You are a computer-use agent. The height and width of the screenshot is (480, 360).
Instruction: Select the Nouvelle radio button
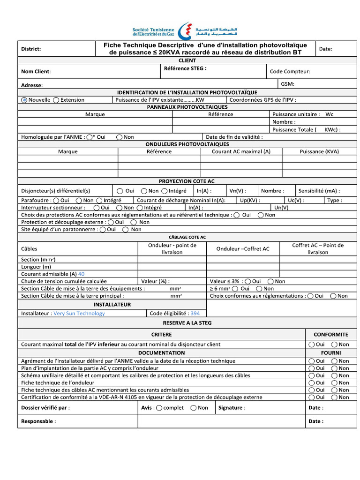pyautogui.click(x=24, y=100)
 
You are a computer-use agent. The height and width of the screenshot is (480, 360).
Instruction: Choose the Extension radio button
pyautogui.click(x=56, y=100)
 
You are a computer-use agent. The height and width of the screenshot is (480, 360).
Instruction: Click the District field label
pyautogui.click(x=31, y=49)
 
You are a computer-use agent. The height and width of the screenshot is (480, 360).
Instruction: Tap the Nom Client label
pyautogui.click(x=36, y=72)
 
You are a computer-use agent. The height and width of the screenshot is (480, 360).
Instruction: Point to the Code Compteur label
pyautogui.click(x=290, y=72)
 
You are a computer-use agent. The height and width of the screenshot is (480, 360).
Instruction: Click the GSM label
pyautogui.click(x=288, y=83)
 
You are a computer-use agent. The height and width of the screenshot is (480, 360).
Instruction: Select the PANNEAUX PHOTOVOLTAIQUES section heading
pyautogui.click(x=187, y=107)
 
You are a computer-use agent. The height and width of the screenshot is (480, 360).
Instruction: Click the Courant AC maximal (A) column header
pyautogui.click(x=241, y=151)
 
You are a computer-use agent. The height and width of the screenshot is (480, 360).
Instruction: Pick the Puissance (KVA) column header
pyautogui.click(x=319, y=151)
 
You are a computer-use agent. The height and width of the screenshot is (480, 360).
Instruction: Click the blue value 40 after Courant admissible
pyautogui.click(x=82, y=274)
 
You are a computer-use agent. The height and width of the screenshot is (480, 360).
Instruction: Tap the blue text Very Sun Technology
pyautogui.click(x=79, y=313)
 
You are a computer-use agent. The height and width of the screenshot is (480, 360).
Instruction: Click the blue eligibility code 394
pyautogui.click(x=195, y=313)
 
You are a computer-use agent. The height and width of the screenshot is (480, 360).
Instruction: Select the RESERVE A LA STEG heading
pyautogui.click(x=187, y=323)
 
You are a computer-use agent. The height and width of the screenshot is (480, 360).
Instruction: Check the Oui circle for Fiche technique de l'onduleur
pyautogui.click(x=311, y=382)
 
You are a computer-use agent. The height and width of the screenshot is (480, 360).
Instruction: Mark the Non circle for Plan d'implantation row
pyautogui.click(x=334, y=368)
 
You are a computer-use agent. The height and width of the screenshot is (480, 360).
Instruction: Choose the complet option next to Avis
pyautogui.click(x=159, y=408)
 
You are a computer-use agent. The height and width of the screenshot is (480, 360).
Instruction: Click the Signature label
pyautogui.click(x=232, y=408)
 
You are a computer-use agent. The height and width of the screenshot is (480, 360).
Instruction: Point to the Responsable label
pyautogui.click(x=38, y=421)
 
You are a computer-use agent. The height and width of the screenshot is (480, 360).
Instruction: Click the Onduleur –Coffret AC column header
pyautogui.click(x=242, y=249)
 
